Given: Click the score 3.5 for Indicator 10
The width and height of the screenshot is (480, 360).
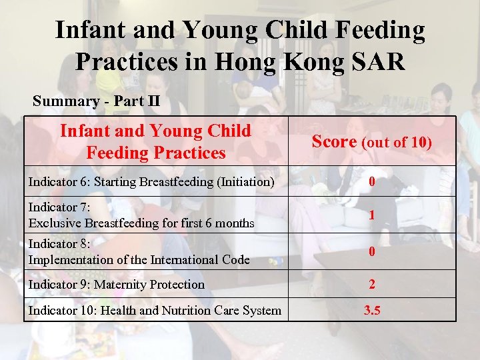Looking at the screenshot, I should tap(372, 310).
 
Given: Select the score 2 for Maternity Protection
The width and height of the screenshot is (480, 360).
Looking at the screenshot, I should tap(372, 285).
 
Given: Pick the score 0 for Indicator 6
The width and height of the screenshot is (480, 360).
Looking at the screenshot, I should tap(372, 182).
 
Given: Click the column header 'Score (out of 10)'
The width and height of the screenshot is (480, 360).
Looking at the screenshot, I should tap(372, 142).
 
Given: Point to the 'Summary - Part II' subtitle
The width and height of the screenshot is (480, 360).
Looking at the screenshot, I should tap(97, 101).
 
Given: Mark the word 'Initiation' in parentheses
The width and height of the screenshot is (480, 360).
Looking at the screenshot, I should tap(242, 182).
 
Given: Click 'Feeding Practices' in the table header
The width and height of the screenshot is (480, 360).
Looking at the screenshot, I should tap(156, 153).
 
